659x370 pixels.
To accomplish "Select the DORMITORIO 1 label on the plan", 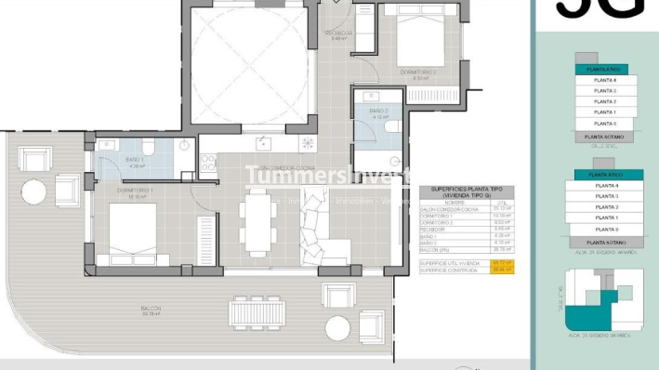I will click(134, 192).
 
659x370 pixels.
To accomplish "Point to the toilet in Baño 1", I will click(148, 150).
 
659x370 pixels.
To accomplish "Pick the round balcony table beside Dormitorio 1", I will click(34, 192).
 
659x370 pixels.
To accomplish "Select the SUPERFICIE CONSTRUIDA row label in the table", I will click(450, 270).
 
